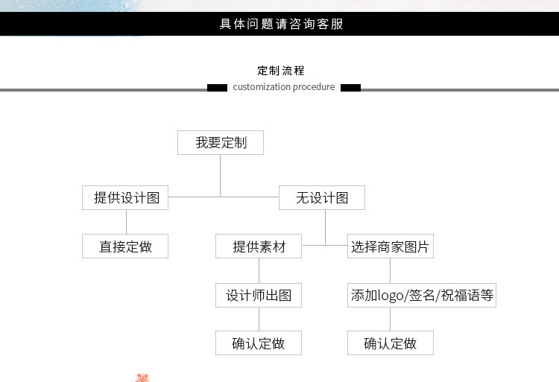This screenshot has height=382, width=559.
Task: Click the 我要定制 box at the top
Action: (x=221, y=142)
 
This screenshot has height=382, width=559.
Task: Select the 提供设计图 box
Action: (x=125, y=198)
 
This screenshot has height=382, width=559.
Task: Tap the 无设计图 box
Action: (x=322, y=198)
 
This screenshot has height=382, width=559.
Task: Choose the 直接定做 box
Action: (x=125, y=246)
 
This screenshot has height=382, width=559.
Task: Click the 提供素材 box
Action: (x=259, y=246)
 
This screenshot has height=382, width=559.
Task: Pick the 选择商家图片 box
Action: (x=391, y=246)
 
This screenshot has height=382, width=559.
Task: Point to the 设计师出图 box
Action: (x=259, y=295)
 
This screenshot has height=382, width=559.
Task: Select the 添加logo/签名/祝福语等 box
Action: (x=422, y=295)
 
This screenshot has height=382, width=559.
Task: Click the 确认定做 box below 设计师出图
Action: (x=259, y=343)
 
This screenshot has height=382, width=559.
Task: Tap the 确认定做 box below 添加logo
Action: (x=391, y=343)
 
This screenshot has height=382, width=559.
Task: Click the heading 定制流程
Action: (x=281, y=71)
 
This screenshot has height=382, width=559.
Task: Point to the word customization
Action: (x=262, y=87)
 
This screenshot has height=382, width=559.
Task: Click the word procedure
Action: (x=314, y=87)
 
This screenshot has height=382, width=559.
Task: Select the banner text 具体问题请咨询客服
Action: (x=281, y=24)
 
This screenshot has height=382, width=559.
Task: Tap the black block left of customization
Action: (x=217, y=88)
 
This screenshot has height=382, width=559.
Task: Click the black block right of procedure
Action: (x=350, y=88)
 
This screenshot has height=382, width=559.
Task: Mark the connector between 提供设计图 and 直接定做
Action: (x=126, y=222)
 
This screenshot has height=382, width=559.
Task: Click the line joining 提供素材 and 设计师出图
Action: (x=259, y=271)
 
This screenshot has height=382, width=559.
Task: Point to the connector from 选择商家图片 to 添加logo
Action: (x=391, y=271)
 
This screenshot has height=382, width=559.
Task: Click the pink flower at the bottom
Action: (x=142, y=378)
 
